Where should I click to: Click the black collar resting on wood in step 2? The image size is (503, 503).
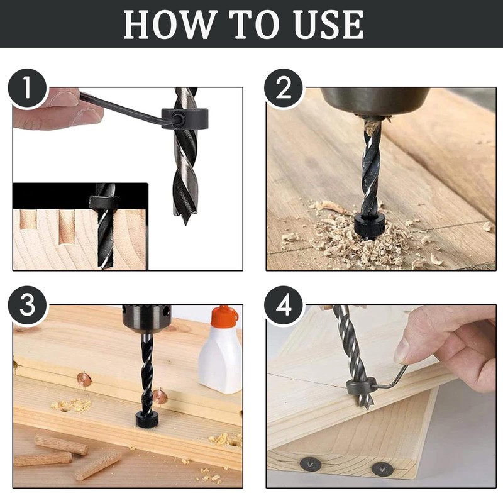370,225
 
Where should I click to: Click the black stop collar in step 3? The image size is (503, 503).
147,419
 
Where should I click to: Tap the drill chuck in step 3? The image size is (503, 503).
146,318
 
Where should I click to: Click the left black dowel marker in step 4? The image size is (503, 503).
310,465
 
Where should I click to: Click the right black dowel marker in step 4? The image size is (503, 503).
382,468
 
